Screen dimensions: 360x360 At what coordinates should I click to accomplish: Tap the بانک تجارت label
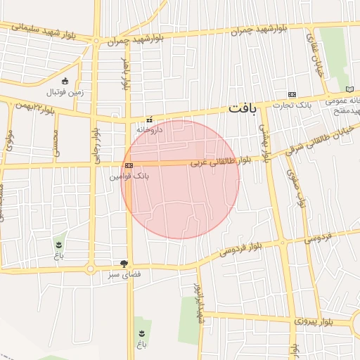coord(294,105)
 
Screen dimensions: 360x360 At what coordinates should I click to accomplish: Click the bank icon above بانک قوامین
coord(129,166)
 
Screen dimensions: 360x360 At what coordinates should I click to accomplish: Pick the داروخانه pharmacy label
coord(149,129)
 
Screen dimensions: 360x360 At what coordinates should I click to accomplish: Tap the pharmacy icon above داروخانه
coord(148,120)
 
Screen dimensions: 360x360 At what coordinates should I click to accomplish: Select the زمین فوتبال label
coord(65,92)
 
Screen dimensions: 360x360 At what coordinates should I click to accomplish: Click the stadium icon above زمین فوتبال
coord(65,82)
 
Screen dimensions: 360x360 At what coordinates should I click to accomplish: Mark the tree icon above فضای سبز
coord(124,264)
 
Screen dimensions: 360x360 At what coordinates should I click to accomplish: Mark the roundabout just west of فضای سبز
coord(90,269)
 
